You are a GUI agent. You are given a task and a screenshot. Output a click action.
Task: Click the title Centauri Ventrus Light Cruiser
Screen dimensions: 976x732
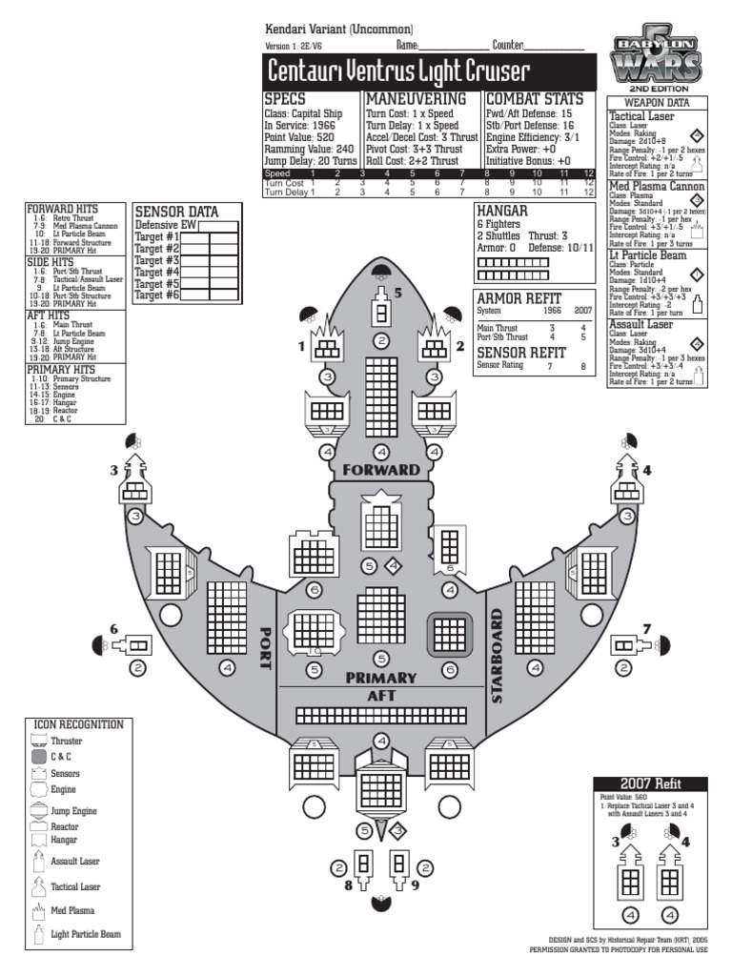point(398,71)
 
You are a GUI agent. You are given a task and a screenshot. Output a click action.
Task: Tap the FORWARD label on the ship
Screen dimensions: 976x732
point(380,470)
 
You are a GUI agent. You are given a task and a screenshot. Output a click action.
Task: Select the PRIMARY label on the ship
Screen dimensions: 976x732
point(381,678)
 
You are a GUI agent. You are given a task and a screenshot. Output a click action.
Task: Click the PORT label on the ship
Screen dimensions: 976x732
point(266,648)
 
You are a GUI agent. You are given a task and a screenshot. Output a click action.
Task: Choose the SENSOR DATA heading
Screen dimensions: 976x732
point(176,212)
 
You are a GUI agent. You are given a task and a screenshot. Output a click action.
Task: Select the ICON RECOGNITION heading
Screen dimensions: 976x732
point(77,724)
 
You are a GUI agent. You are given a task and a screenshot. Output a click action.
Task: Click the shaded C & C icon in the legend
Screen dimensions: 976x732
point(39,757)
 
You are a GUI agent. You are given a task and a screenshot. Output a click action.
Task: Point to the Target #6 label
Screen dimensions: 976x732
point(157,295)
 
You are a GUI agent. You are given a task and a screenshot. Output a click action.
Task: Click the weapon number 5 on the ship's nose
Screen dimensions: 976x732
point(398,292)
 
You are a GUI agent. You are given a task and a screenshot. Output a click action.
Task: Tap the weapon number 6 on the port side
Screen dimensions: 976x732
point(114,629)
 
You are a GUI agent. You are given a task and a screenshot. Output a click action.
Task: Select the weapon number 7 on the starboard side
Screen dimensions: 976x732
point(646,629)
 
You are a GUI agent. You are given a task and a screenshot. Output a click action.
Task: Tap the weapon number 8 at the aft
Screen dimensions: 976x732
point(349,884)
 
